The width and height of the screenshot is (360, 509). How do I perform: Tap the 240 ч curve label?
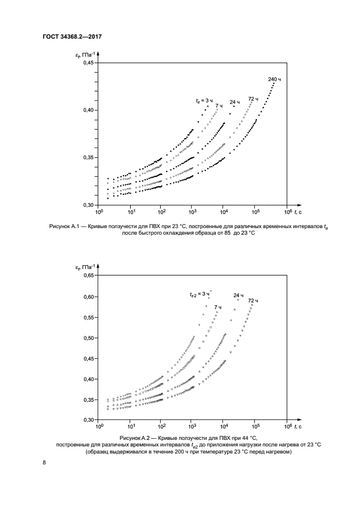(x=274, y=79)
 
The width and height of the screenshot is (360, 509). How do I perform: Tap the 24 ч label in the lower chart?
(x=238, y=296)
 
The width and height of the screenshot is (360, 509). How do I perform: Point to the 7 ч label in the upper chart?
(x=218, y=105)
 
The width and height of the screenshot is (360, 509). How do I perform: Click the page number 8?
(x=44, y=463)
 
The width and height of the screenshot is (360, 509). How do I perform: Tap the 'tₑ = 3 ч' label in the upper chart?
(x=204, y=101)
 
